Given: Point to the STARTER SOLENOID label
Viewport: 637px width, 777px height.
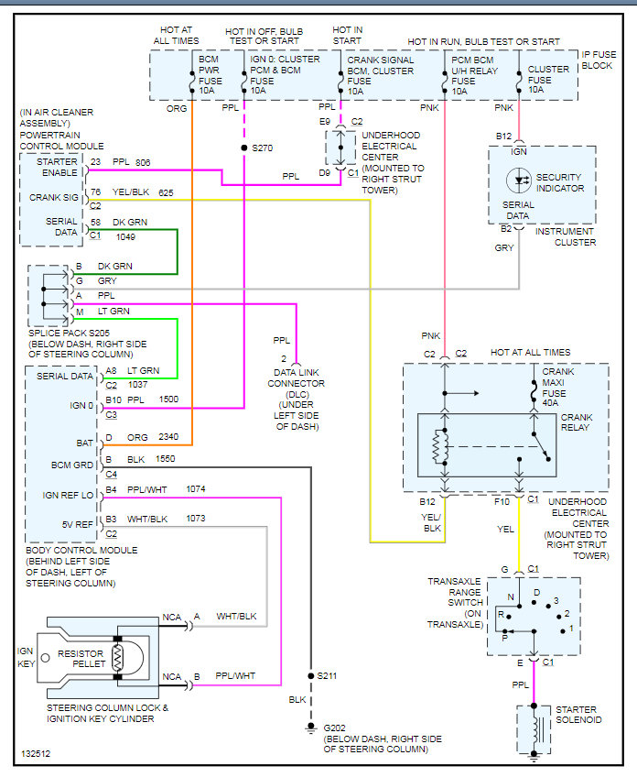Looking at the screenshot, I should [x=576, y=715].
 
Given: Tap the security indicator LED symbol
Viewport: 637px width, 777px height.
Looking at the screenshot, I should [x=521, y=177].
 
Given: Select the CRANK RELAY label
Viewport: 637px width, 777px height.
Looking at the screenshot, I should [x=578, y=422].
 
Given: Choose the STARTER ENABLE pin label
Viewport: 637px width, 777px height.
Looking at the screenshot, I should [x=57, y=167].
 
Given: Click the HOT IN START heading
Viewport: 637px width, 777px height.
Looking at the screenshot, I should [x=347, y=35].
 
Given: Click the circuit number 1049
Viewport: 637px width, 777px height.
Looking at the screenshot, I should [x=126, y=236].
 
